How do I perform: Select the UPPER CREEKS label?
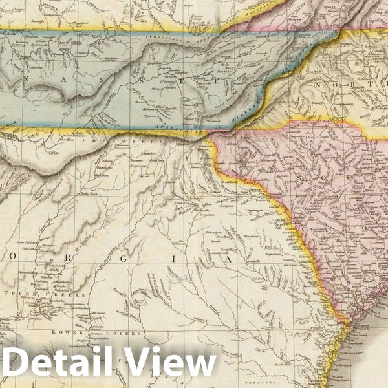[61, 294]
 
